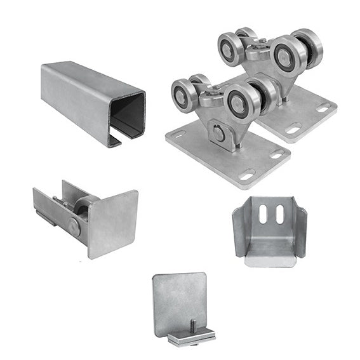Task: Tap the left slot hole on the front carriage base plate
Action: (x=179, y=135)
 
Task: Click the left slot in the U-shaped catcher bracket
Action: (x=263, y=213)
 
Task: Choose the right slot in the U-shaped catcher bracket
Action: (x=279, y=213)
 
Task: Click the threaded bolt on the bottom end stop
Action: (x=190, y=327)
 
